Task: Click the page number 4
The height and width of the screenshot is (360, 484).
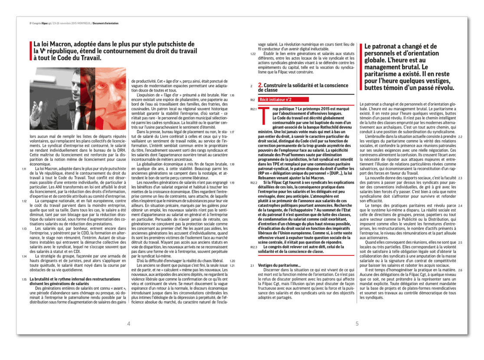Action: click(x=128, y=324)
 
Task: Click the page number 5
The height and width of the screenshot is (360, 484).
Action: click(x=357, y=324)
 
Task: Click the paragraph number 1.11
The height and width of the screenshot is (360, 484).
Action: click(x=25, y=168)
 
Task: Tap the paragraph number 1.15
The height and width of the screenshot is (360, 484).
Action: click(x=25, y=279)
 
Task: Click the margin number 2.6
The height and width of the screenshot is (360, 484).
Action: click(x=460, y=270)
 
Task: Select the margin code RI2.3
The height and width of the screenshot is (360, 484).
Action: click(x=253, y=247)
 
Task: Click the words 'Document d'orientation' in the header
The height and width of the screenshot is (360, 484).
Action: click(x=105, y=23)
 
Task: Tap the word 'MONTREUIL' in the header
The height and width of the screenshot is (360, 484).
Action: click(x=82, y=23)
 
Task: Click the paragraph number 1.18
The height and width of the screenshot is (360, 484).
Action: click(x=232, y=164)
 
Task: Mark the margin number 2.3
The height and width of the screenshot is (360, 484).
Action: click(x=460, y=178)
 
